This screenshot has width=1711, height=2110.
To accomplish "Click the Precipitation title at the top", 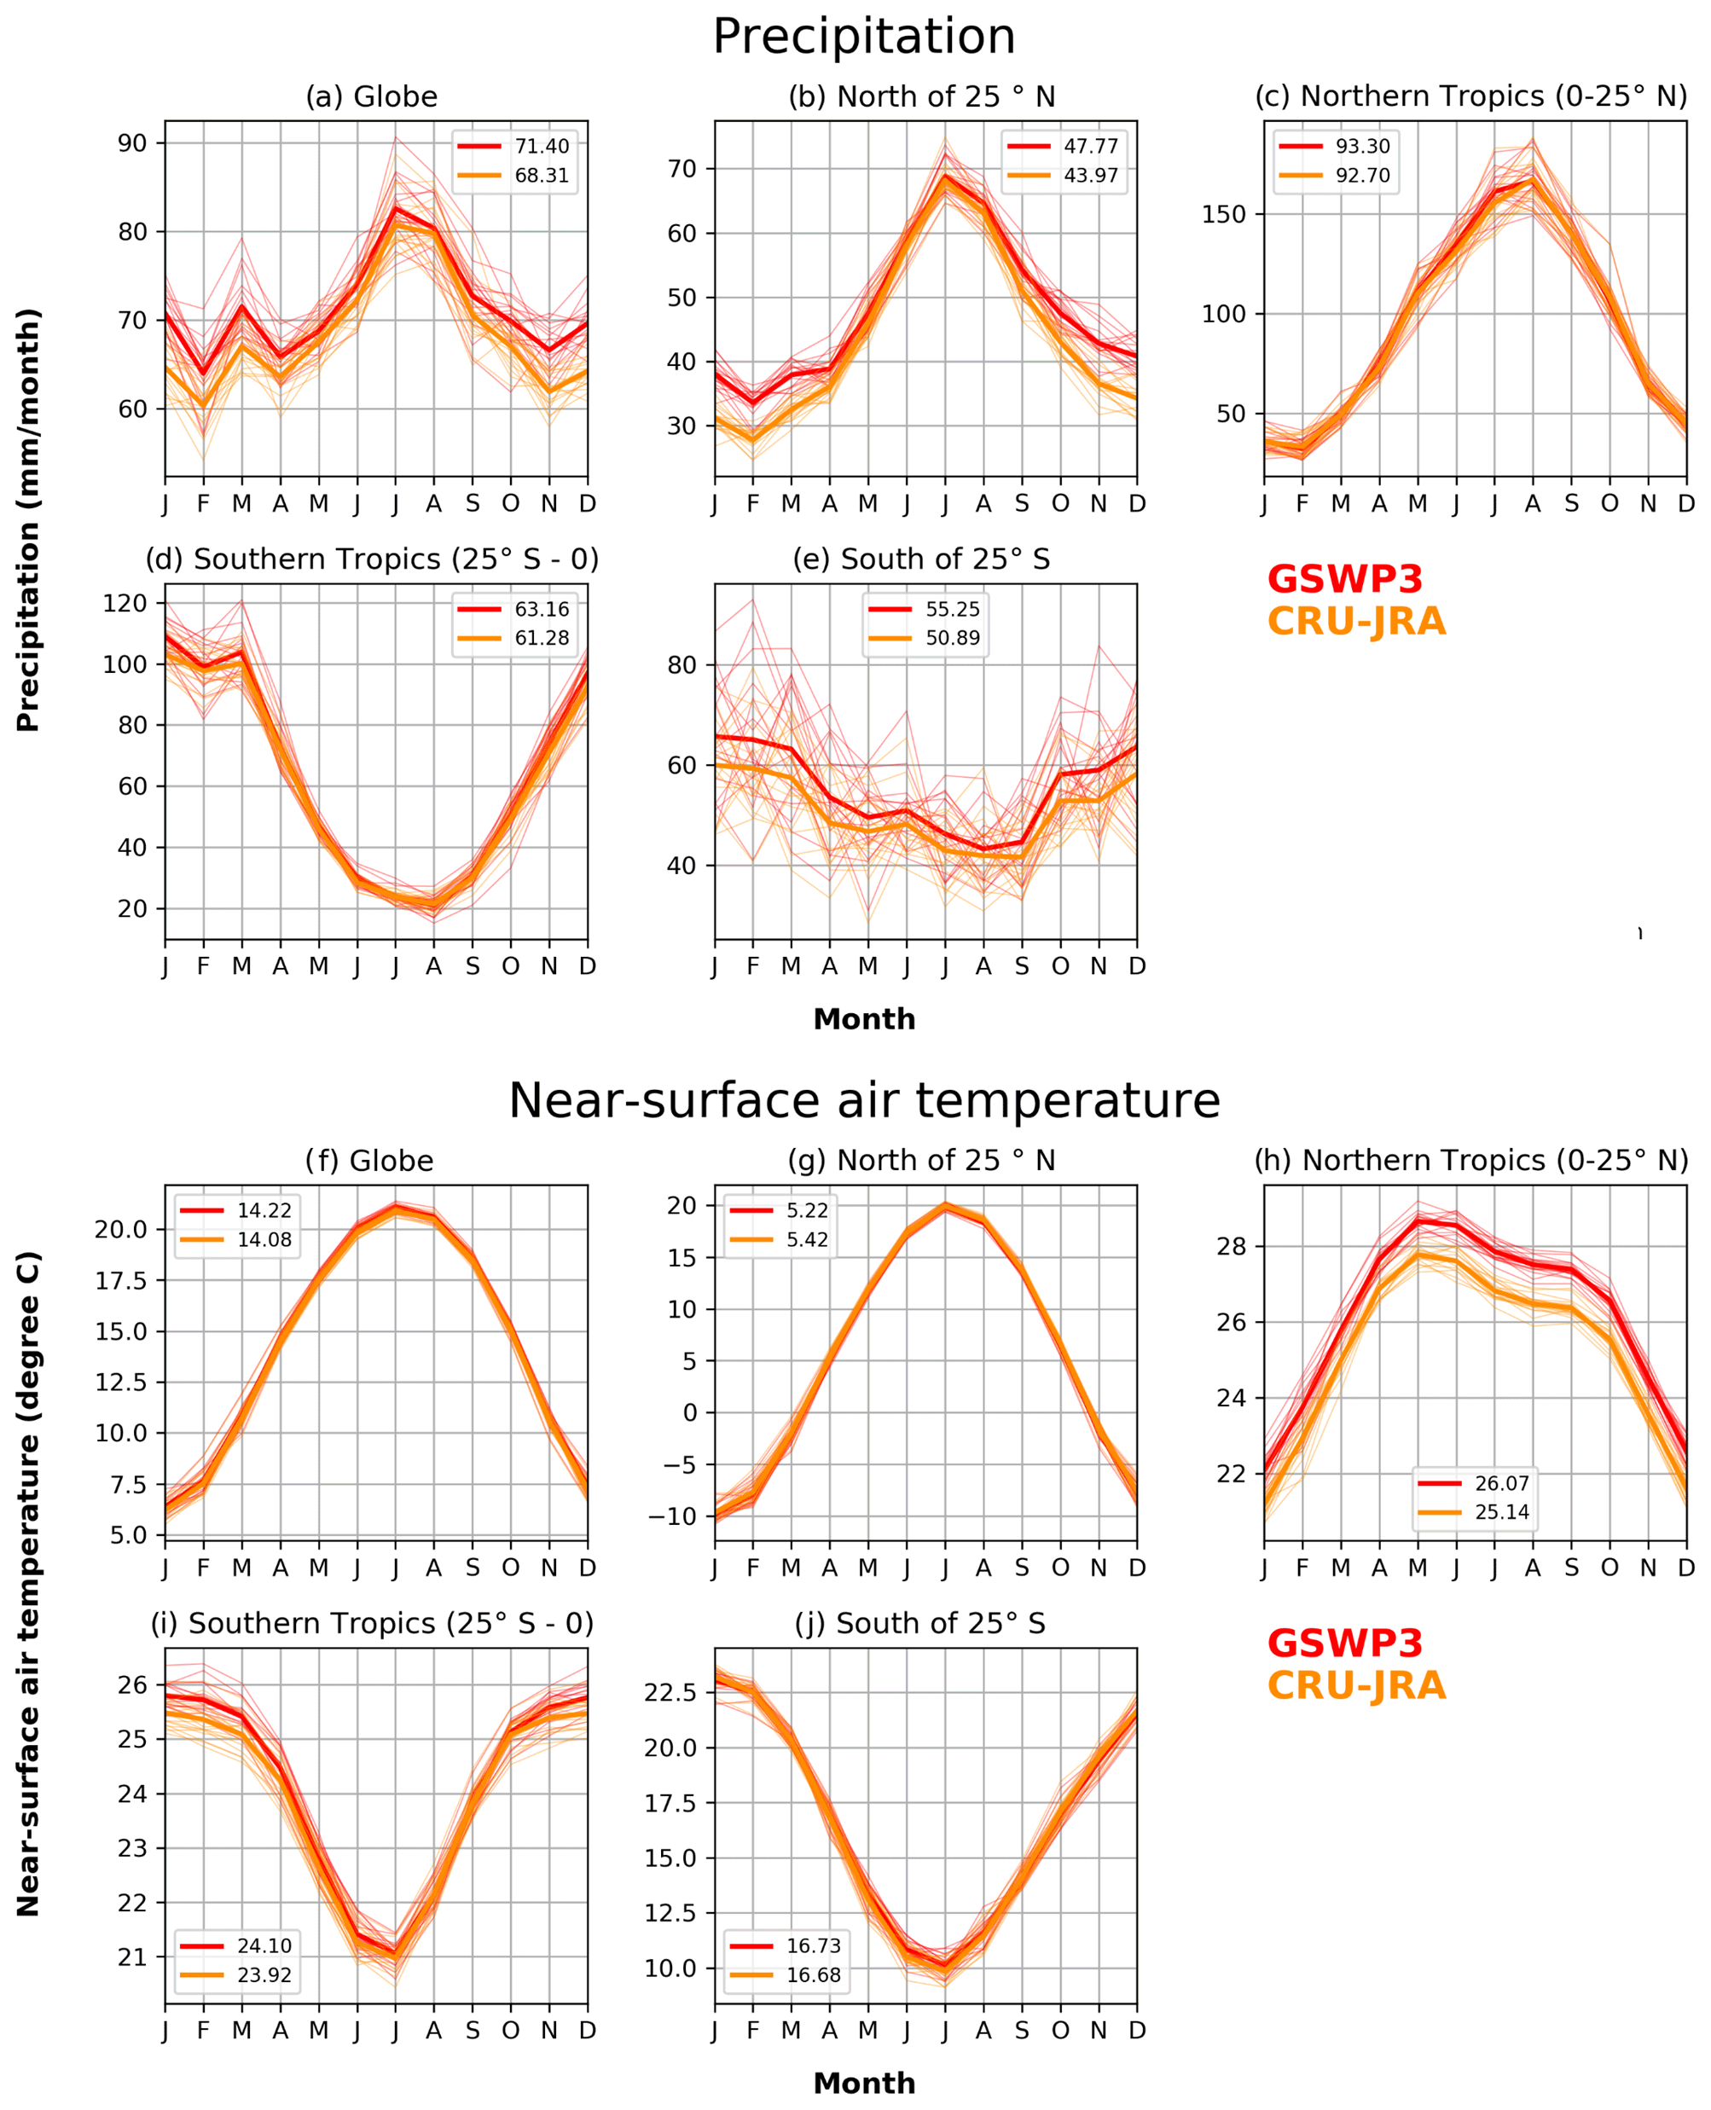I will pyautogui.click(x=863, y=38).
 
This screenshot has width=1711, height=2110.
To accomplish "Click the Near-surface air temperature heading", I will pyautogui.click(x=863, y=1101).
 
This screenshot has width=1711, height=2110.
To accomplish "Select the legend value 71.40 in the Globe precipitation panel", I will pyautogui.click(x=541, y=147).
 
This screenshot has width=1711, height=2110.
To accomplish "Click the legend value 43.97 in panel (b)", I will pyautogui.click(x=1090, y=176).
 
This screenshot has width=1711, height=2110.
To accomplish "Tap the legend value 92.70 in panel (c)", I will pyautogui.click(x=1362, y=176).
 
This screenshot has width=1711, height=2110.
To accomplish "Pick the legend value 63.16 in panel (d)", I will pyautogui.click(x=541, y=609).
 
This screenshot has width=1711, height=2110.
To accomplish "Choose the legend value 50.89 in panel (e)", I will pyautogui.click(x=952, y=638).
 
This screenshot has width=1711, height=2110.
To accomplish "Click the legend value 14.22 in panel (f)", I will pyautogui.click(x=264, y=1211).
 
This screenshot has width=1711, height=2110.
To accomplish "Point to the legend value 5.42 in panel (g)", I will pyautogui.click(x=807, y=1240).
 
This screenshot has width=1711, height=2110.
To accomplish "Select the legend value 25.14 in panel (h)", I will pyautogui.click(x=1501, y=1512).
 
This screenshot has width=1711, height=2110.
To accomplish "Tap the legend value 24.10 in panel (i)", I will pyautogui.click(x=264, y=1945).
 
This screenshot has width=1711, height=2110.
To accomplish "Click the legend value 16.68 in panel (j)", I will pyautogui.click(x=813, y=1975).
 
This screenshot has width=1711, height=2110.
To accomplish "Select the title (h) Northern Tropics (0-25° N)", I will pyautogui.click(x=1470, y=1161).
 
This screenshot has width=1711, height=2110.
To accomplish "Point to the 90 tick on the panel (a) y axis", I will pyautogui.click(x=132, y=143).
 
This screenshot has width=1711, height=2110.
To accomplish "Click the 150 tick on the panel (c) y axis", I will pyautogui.click(x=1223, y=214).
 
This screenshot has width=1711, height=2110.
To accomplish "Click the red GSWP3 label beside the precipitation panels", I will pyautogui.click(x=1344, y=579).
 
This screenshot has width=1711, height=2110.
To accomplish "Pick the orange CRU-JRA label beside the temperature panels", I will pyautogui.click(x=1356, y=1686).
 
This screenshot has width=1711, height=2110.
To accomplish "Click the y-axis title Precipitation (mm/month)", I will pyautogui.click(x=29, y=519).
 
